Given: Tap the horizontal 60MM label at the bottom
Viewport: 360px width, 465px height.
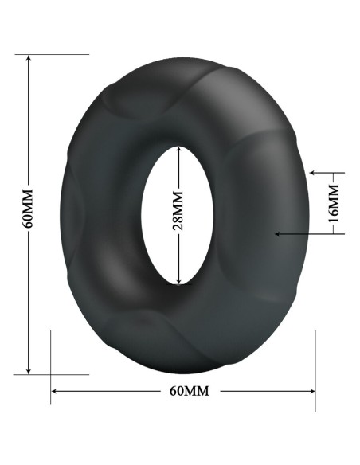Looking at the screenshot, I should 189,391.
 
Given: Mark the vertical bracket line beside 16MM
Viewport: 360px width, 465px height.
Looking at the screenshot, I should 343,202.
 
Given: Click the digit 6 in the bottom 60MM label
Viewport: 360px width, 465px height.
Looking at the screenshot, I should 174,391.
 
